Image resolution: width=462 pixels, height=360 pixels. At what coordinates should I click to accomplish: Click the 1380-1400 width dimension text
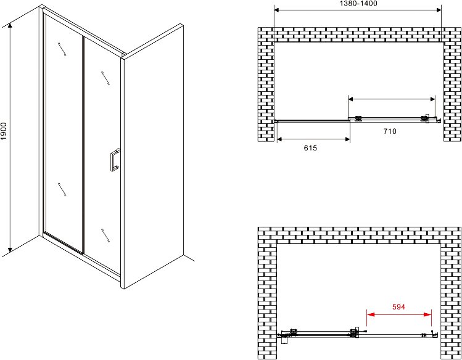pyautogui.click(x=358, y=4)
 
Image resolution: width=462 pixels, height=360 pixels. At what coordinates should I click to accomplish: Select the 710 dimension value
pyautogui.click(x=390, y=131)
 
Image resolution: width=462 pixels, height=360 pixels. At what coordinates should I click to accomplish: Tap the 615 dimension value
pyautogui.click(x=310, y=148)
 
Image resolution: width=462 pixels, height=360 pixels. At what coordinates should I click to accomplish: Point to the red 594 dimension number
pyautogui.click(x=399, y=307)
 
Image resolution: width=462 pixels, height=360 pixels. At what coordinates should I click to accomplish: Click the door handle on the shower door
pyautogui.click(x=115, y=160)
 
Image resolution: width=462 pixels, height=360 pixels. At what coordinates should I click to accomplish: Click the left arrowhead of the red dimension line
pyautogui.click(x=370, y=314)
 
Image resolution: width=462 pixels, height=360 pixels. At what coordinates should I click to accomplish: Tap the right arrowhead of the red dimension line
pyautogui.click(x=427, y=314)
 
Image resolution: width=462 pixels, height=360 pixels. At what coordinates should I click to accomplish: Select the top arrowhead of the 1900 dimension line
pyautogui.click(x=10, y=26)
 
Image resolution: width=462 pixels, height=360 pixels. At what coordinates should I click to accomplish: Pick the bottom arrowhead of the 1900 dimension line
pyautogui.click(x=10, y=250)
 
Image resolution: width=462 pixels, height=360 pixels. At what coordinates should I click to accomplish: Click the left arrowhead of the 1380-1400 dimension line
pyautogui.click(x=278, y=10)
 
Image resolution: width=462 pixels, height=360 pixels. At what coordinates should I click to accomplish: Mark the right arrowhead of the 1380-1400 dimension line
pyautogui.click(x=438, y=10)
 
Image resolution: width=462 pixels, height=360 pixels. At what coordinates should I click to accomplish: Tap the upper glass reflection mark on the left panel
pyautogui.click(x=62, y=49)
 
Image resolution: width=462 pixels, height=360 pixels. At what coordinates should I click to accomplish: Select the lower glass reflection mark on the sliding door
pyautogui.click(x=105, y=235)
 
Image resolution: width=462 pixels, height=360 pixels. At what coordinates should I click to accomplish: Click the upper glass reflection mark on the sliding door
pyautogui.click(x=105, y=78)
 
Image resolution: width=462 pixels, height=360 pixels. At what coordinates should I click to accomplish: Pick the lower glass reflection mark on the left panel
pyautogui.click(x=62, y=189)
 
